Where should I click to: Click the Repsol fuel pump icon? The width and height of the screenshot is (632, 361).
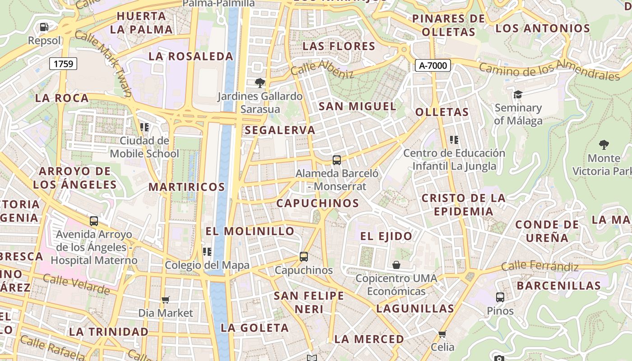click(44, 27)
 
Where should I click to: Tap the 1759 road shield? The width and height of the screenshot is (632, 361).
click(63, 64)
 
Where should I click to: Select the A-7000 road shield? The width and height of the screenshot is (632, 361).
click(433, 65)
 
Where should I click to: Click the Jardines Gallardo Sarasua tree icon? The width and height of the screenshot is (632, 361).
click(260, 83)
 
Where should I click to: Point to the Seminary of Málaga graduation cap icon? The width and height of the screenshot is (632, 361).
click(517, 94)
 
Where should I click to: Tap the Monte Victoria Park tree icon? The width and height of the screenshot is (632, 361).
click(604, 145)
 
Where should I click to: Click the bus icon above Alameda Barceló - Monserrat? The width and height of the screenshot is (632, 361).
click(336, 160)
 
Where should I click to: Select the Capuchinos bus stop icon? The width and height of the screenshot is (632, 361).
click(304, 257)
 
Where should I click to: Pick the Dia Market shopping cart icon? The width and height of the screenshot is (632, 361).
click(165, 300)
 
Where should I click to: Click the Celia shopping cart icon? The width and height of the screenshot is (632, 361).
click(442, 334)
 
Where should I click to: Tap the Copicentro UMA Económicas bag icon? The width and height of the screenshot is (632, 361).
click(396, 265)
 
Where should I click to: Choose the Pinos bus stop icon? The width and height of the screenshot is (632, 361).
click(500, 297)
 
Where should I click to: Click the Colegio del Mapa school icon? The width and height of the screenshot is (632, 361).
click(207, 251)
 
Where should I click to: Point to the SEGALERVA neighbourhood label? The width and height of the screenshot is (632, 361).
click(280, 130)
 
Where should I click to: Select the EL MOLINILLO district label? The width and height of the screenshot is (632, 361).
click(250, 231)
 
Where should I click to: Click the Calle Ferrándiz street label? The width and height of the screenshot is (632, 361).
click(539, 266)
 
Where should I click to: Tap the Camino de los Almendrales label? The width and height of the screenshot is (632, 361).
click(549, 70)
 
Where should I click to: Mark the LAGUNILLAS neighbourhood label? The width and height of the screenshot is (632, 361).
click(415, 309)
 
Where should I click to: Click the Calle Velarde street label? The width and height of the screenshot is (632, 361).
click(76, 285)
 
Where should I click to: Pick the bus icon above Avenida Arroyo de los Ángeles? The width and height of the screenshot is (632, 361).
click(94, 221)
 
